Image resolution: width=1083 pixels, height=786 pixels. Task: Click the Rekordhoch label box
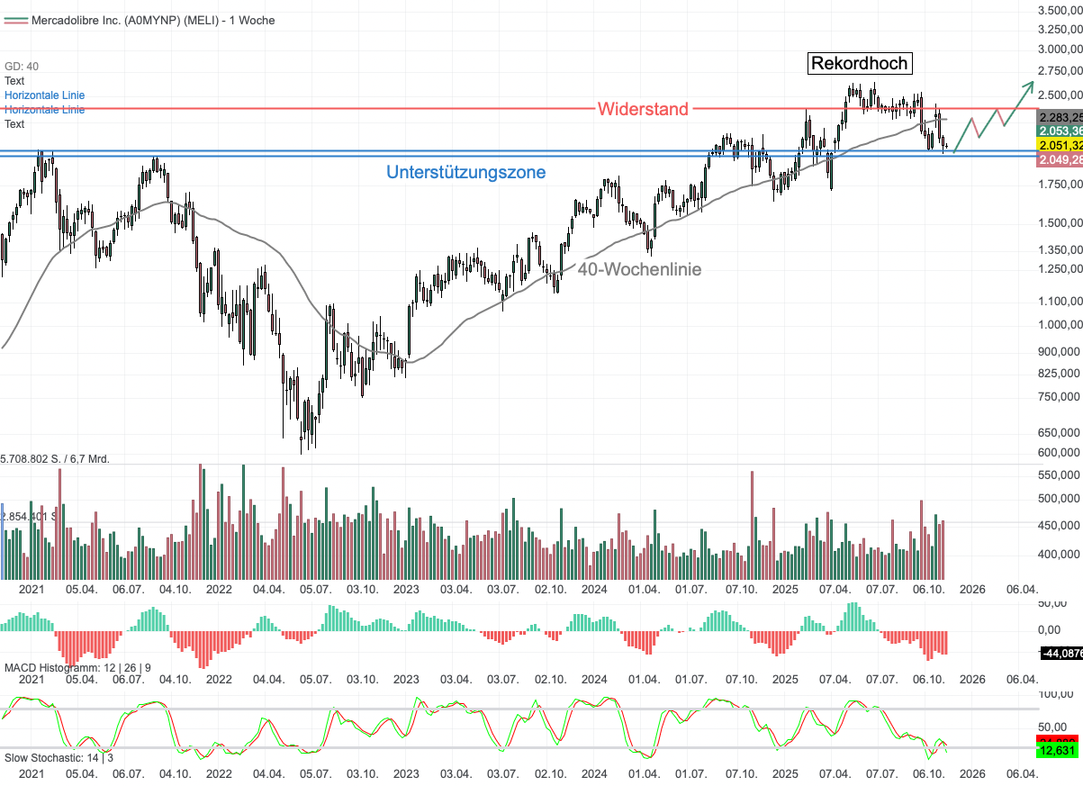tap(860, 63)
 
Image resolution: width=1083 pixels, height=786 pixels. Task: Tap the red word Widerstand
tap(643, 109)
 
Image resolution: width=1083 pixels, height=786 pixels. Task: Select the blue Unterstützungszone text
tap(465, 172)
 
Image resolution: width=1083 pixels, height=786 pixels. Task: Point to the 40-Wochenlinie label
tap(639, 268)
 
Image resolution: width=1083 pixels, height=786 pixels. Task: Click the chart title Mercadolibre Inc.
tap(153, 20)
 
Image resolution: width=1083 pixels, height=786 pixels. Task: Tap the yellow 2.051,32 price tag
tap(1060, 145)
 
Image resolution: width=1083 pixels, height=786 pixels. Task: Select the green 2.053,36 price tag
tap(1060, 131)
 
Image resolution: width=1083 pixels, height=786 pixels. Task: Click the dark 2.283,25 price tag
tap(1060, 117)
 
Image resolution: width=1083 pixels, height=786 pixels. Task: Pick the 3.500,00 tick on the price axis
tap(1060, 10)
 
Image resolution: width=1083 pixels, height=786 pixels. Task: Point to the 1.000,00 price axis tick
tap(1060, 324)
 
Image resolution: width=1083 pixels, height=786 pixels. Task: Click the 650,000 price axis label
tap(1060, 432)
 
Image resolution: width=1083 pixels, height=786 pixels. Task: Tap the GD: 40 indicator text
tap(22, 66)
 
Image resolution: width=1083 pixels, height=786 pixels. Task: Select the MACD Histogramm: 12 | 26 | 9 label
tap(77, 667)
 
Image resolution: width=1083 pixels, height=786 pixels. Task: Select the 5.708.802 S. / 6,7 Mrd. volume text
tap(55, 459)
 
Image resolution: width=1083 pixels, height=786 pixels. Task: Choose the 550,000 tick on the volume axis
tap(1060, 474)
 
